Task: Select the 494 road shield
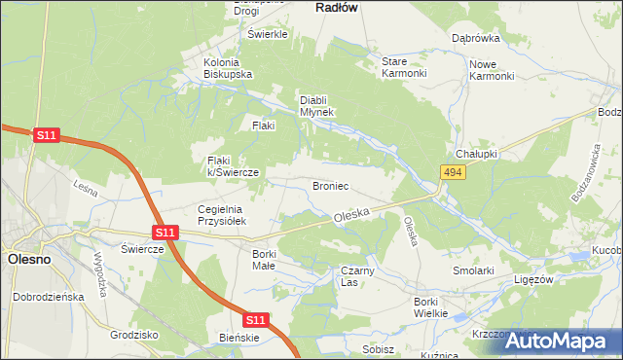coord(451,172)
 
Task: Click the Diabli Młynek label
coord(316,105)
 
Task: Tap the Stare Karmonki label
coord(403,67)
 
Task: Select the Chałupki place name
coord(476,155)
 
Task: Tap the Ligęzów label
coord(534,278)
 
